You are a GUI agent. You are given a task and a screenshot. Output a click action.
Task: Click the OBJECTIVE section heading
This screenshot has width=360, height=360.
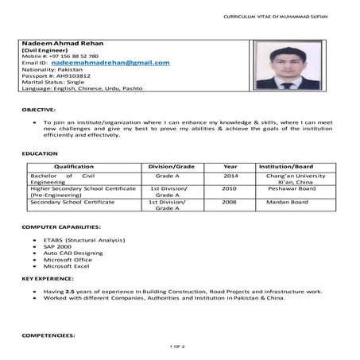[x=38, y=108]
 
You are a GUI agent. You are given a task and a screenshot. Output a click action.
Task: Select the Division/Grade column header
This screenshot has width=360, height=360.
[x=171, y=165]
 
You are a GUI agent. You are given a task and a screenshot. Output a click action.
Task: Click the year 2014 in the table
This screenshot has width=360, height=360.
[x=230, y=175]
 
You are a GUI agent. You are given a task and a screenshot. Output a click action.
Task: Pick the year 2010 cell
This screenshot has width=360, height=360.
[x=229, y=189]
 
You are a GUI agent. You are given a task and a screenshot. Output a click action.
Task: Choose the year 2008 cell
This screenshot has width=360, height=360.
[x=229, y=203]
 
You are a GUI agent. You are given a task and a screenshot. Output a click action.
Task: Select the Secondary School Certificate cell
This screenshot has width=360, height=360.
[x=72, y=203]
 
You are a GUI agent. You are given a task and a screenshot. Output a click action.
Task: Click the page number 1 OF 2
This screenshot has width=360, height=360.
[x=178, y=347]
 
